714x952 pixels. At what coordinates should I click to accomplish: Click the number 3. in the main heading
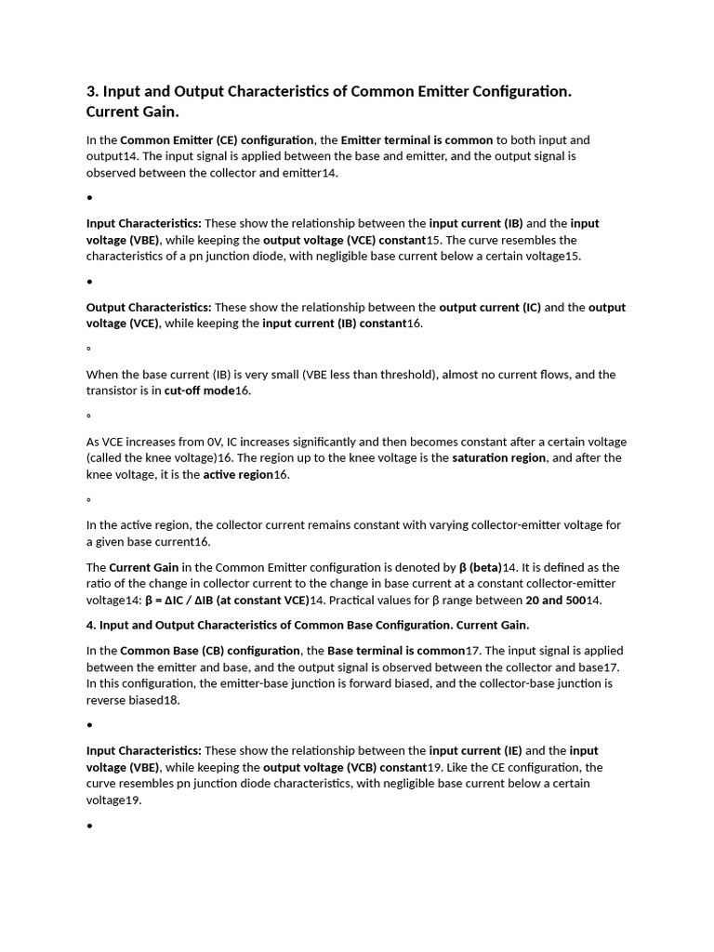point(92,92)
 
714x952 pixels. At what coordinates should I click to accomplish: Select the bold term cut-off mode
point(199,391)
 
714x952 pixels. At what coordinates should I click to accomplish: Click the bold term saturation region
point(500,458)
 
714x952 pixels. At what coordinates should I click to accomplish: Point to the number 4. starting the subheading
point(91,625)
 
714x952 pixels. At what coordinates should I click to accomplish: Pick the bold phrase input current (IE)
point(475,751)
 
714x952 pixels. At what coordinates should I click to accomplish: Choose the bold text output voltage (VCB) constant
point(345,768)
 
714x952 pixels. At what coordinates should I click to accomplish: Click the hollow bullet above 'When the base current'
point(88,350)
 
